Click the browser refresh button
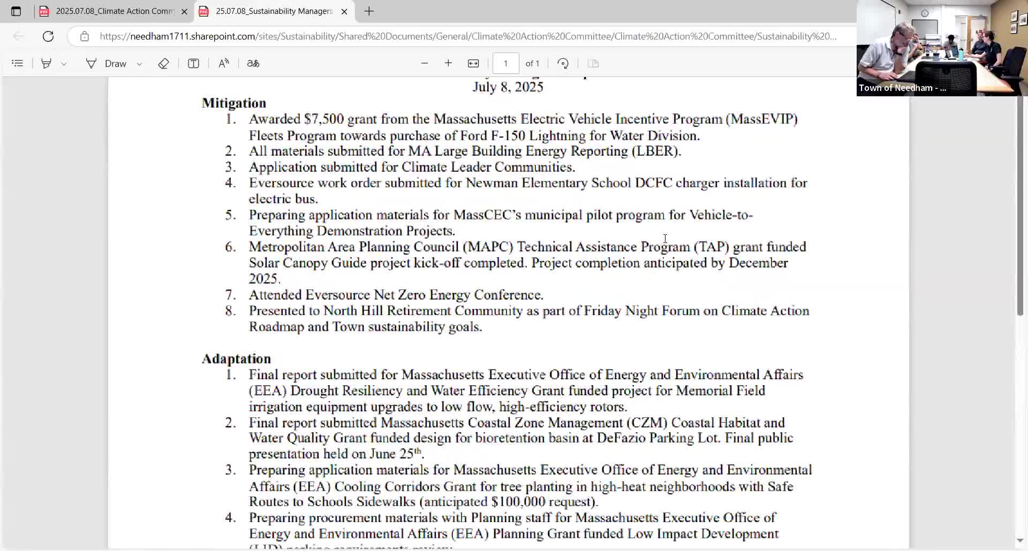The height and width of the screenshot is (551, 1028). pyautogui.click(x=48, y=36)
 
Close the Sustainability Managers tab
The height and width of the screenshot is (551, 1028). pyautogui.click(x=344, y=11)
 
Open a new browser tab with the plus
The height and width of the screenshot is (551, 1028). pyautogui.click(x=369, y=11)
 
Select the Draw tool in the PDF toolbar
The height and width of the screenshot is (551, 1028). pyautogui.click(x=107, y=64)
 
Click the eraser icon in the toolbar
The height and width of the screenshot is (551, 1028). pyautogui.click(x=164, y=64)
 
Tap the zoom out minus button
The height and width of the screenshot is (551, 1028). pyautogui.click(x=425, y=64)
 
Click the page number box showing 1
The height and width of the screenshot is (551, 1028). pyautogui.click(x=505, y=64)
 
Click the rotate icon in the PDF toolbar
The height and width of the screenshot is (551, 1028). pyautogui.click(x=563, y=64)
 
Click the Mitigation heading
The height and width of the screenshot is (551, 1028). pyautogui.click(x=234, y=103)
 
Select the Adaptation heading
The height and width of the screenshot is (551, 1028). pyautogui.click(x=236, y=359)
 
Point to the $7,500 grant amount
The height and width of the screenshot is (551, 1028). pyautogui.click(x=323, y=119)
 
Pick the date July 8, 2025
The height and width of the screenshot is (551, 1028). pyautogui.click(x=508, y=87)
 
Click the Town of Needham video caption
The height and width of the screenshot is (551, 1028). pyautogui.click(x=902, y=88)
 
